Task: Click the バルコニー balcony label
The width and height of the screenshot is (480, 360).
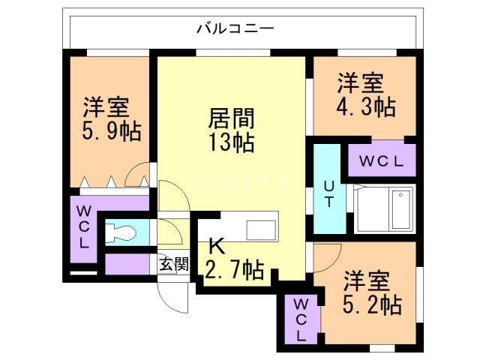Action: [235, 30]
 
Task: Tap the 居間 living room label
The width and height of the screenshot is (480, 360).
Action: [231, 118]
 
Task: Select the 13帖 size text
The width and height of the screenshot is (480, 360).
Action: [231, 142]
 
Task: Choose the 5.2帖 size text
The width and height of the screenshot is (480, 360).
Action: [372, 304]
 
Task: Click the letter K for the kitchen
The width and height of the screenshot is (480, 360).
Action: [217, 245]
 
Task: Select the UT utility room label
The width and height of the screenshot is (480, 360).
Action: [328, 193]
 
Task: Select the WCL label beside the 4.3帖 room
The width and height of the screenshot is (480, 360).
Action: [381, 160]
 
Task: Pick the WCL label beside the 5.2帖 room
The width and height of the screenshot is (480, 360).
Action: [301, 320]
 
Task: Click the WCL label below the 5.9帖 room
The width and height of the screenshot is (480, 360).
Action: [84, 227]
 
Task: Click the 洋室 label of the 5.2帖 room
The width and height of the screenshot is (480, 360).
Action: [366, 281]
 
